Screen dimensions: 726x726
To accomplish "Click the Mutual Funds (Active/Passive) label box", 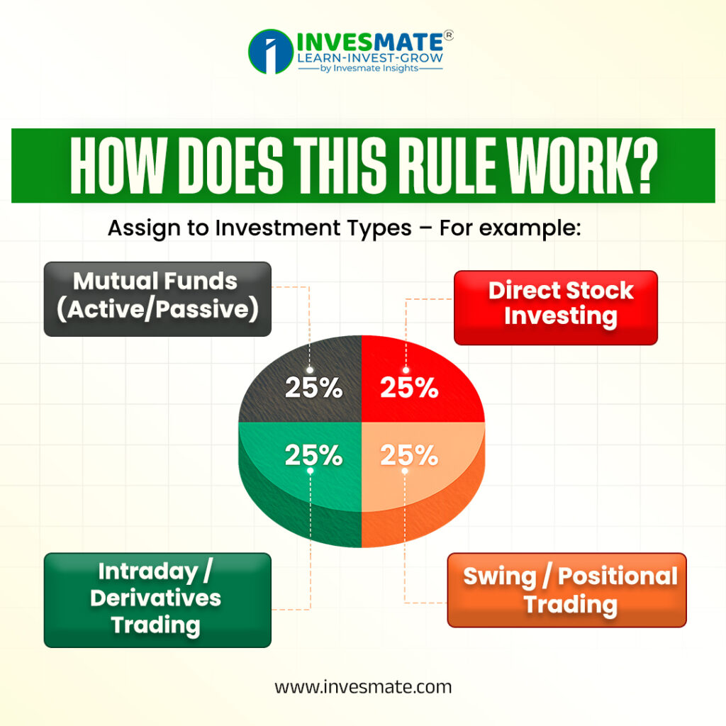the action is [157, 299].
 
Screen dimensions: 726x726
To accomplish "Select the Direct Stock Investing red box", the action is [556, 308].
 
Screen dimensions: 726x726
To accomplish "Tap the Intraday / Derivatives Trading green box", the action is [157, 600].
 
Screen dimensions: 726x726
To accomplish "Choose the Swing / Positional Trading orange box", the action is [566, 590].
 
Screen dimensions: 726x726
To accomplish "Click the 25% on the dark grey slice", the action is [313, 387].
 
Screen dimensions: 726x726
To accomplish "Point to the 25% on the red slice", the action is [409, 387].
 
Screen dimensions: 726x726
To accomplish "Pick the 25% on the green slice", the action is [313, 454].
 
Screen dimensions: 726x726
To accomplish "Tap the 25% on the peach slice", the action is [409, 454].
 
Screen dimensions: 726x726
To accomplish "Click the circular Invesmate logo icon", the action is [271, 51].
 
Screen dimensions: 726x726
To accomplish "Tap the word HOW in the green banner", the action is [118, 165].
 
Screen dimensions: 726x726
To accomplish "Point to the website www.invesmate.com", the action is [363, 686].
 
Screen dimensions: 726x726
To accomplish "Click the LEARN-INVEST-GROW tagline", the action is [370, 58].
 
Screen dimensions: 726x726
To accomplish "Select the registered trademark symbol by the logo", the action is [448, 35].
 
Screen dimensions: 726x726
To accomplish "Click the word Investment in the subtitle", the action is [313, 228].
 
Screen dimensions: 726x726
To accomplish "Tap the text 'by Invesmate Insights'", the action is [369, 68].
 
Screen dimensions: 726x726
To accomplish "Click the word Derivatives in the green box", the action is [155, 598].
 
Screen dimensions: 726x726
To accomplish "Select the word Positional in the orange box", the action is [618, 576].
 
